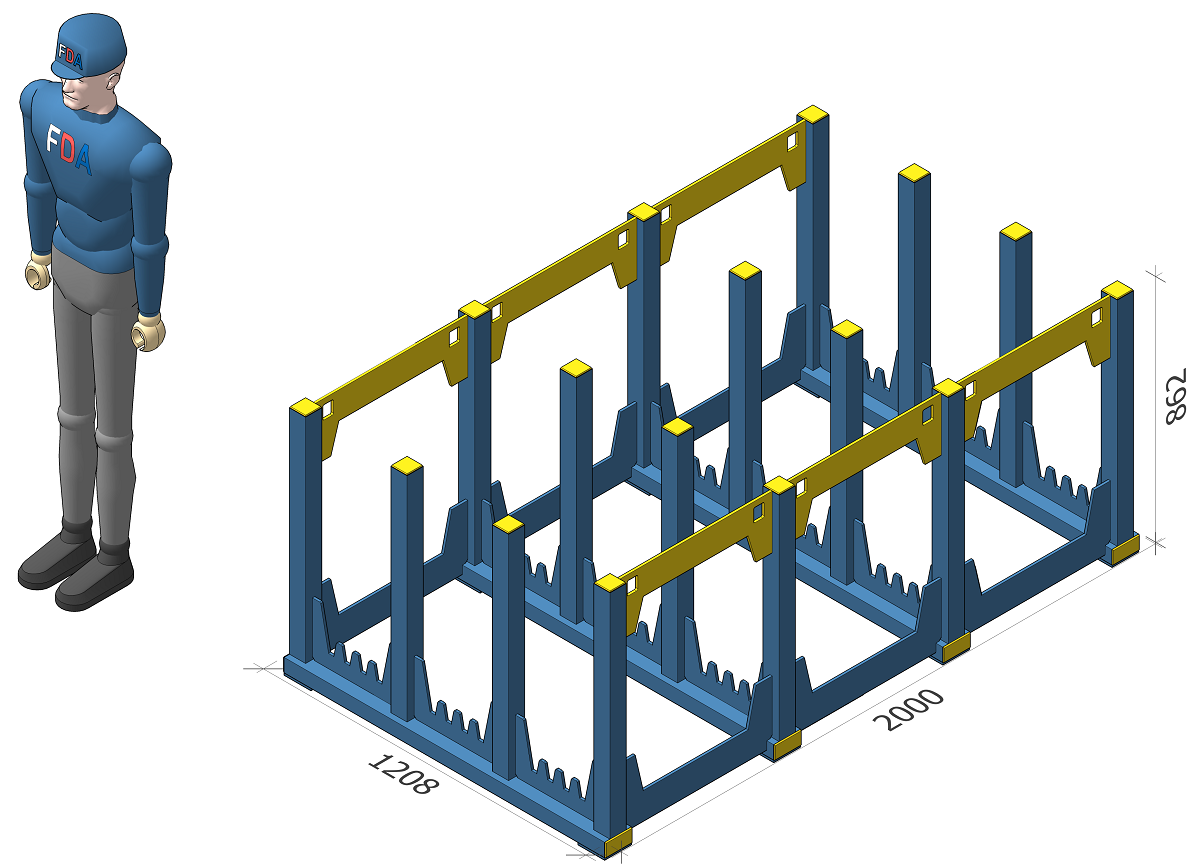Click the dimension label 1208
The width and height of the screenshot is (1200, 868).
403,774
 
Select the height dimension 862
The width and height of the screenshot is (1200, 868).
1176,396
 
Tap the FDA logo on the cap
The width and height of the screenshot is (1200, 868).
70,57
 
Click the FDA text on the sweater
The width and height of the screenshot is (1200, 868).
69,150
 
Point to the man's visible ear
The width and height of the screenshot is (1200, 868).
113,80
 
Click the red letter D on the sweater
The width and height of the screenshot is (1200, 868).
69,149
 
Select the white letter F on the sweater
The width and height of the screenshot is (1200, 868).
53,138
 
